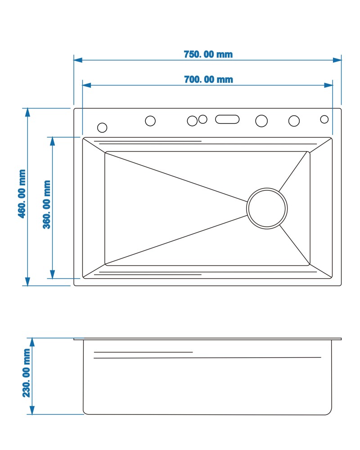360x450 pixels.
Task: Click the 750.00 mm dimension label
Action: click(208, 54)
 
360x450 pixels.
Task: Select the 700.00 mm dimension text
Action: click(208, 79)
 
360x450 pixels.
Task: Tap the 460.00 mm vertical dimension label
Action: click(22, 193)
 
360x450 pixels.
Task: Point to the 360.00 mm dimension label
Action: click(46, 204)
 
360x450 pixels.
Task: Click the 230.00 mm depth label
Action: click(26, 373)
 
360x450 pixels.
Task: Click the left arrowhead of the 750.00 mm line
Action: click(78, 60)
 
